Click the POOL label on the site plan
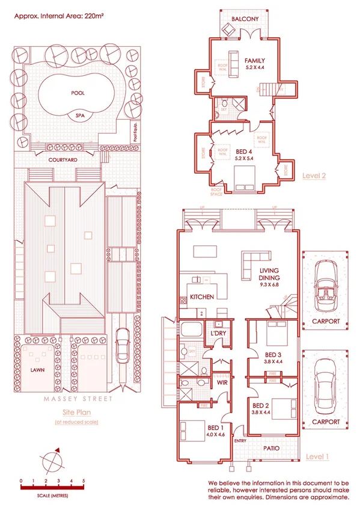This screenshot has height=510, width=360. coord(78,94)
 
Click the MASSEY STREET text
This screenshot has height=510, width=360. coord(72,398)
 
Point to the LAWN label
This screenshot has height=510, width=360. coord(38,371)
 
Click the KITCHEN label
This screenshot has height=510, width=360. coord(202,298)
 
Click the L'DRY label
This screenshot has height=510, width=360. coord(217,333)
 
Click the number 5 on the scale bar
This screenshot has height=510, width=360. coord(84,481)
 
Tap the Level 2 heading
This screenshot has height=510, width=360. coord(314,176)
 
